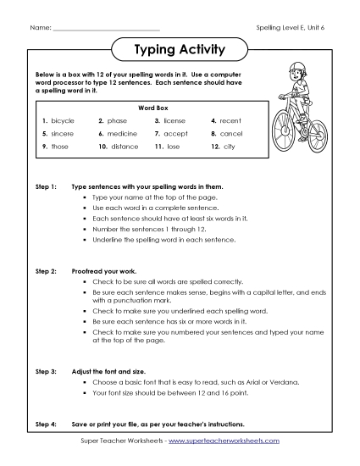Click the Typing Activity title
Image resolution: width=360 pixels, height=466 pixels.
(180, 49)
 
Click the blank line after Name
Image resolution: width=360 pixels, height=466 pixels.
(105, 30)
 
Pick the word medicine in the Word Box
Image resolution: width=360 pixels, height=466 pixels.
(123, 134)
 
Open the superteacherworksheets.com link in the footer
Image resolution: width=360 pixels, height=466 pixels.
(228, 441)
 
